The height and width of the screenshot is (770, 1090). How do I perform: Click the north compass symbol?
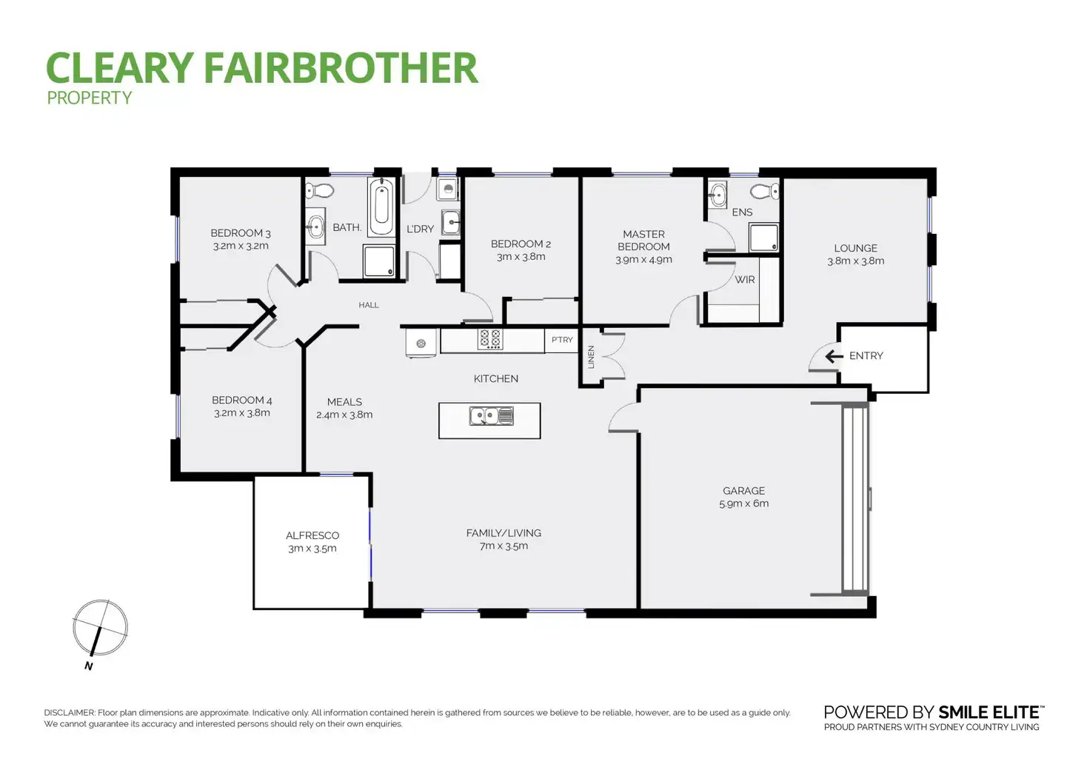click(100, 629)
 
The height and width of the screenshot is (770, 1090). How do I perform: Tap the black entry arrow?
click(834, 356)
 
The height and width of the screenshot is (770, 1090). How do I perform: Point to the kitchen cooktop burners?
click(490, 339)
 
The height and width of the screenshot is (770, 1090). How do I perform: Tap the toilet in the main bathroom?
click(320, 191)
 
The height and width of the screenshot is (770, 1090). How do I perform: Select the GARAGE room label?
click(743, 491)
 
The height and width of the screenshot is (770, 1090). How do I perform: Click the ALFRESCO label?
click(312, 535)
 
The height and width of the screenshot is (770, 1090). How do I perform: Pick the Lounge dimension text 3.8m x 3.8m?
click(855, 261)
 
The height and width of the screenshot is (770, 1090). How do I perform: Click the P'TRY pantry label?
click(562, 340)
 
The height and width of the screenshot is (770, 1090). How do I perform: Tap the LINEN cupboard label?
click(591, 357)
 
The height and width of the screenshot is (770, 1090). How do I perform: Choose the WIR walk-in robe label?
click(744, 280)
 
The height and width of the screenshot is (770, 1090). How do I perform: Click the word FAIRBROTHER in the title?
click(340, 68)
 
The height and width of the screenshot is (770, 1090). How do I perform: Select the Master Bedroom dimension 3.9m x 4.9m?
click(643, 260)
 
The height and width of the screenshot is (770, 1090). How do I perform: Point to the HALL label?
click(368, 305)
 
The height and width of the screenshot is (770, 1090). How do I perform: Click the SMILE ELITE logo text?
click(989, 712)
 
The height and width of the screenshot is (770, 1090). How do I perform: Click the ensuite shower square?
click(763, 238)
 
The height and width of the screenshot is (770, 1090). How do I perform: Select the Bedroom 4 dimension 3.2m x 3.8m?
click(242, 413)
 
